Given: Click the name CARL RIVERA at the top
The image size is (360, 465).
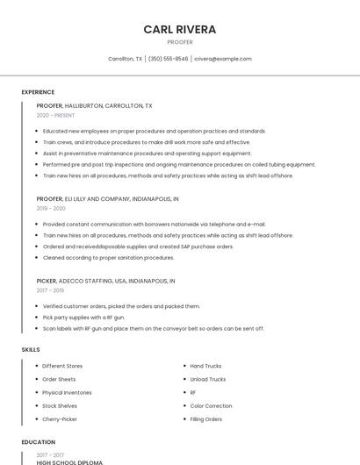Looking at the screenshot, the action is [x=179, y=29].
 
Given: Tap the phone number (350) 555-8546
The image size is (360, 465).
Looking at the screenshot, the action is [x=168, y=59].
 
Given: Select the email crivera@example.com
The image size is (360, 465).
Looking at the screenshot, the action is [x=223, y=59].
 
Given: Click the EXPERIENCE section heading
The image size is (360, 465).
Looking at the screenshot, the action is [x=38, y=92].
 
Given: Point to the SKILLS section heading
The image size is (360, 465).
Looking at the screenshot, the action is [x=31, y=350].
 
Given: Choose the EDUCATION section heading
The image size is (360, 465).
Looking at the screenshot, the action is [x=39, y=442].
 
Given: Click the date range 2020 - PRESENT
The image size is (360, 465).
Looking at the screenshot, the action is [x=55, y=116].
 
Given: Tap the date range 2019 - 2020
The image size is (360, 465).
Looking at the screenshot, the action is [x=51, y=209].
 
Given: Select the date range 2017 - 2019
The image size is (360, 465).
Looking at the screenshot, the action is [x=50, y=290].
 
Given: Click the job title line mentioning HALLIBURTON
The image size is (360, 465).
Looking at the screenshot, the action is [x=94, y=105].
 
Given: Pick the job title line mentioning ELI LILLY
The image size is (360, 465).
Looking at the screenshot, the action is [x=107, y=199].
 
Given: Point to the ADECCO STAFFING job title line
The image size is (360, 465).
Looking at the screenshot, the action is [x=105, y=281].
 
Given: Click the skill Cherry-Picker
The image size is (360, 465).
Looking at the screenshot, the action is [x=60, y=419].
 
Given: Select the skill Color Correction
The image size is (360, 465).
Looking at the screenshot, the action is [x=211, y=406].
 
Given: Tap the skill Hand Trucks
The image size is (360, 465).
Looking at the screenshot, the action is [x=205, y=366].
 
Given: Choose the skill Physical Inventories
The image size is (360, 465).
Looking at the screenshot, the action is [x=67, y=393].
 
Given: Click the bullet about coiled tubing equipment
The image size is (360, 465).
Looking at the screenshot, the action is [x=179, y=164].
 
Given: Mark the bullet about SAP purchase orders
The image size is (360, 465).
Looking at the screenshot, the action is [x=138, y=247].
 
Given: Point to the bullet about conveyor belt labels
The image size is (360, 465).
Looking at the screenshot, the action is [x=153, y=328].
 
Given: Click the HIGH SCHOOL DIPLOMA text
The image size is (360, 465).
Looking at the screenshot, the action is [x=69, y=462].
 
